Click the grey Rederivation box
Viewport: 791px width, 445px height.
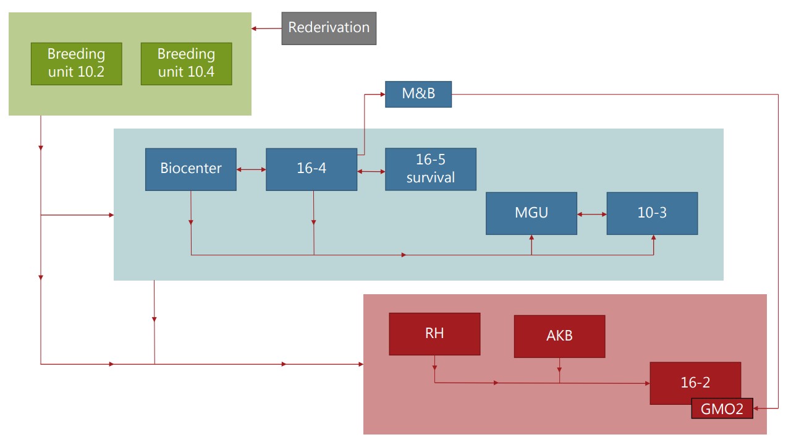tap(329, 28)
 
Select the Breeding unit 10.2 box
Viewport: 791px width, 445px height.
tap(76, 64)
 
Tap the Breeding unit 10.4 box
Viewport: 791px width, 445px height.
tap(186, 64)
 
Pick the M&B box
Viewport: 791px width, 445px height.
tap(418, 94)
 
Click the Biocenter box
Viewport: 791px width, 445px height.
tap(190, 169)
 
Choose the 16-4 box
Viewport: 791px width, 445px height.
tap(311, 169)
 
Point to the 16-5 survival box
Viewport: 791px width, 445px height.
tap(431, 169)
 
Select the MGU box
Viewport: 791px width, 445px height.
tap(531, 213)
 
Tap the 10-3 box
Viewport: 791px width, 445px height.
tap(652, 213)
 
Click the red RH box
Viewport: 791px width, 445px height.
tap(434, 334)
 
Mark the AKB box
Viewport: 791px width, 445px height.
tap(559, 336)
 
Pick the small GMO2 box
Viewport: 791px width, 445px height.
tap(722, 409)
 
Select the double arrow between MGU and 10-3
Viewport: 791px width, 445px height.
tap(592, 214)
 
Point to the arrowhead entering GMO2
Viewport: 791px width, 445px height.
tap(757, 409)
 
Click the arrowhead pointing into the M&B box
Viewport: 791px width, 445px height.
tap(382, 94)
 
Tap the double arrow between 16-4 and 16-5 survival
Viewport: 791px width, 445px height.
tap(371, 172)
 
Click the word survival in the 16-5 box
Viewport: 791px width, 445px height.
tap(431, 177)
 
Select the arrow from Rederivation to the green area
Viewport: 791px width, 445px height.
tap(266, 28)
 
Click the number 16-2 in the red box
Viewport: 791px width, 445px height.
tap(695, 383)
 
